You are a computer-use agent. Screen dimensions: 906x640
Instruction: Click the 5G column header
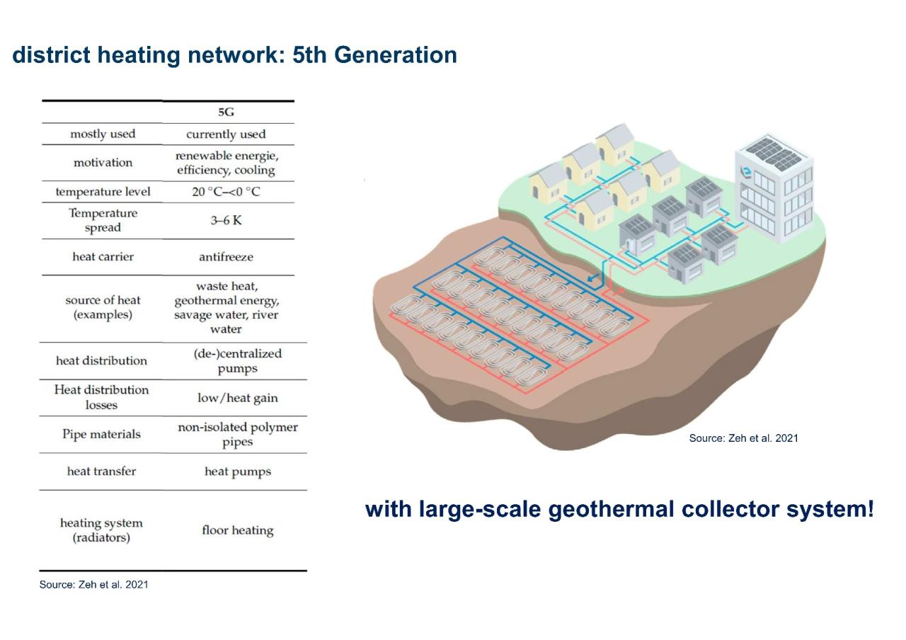coord(226,112)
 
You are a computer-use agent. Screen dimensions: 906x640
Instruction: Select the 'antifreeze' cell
coord(226,257)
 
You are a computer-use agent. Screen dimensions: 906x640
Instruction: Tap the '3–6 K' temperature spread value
coord(226,220)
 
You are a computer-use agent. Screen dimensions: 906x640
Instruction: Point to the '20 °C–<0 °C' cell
coord(226,191)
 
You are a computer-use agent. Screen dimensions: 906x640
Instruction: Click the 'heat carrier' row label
coord(103,256)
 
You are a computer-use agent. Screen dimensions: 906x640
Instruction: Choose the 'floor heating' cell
coord(237,530)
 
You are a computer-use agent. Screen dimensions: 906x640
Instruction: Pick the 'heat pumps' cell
coord(237,472)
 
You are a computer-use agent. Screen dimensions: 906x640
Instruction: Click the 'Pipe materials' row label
coord(101,434)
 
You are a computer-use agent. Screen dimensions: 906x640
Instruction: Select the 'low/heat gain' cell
coord(237,398)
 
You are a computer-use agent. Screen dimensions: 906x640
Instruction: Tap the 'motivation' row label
coord(103,163)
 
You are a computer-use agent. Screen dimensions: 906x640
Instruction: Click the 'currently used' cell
coord(226,134)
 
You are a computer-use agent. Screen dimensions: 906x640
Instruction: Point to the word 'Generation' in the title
coord(395,55)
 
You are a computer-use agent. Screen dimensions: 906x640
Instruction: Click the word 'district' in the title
coord(51,55)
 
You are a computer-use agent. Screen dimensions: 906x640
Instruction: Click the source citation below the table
coord(94,585)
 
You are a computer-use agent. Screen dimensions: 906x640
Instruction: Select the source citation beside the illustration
coord(743,438)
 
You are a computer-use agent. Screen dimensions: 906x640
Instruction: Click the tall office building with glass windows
coord(774,188)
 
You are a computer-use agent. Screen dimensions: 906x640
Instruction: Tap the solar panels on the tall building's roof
coord(774,154)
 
